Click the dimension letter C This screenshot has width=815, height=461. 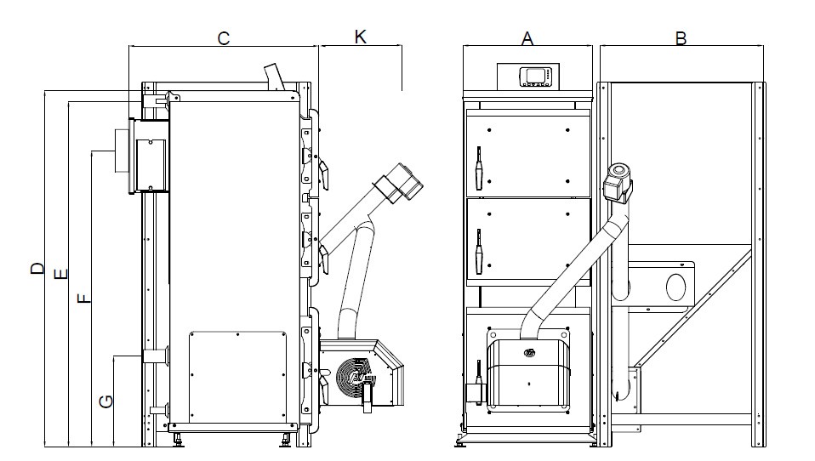223,38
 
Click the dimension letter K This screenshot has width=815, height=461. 360,37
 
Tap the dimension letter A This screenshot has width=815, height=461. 527,38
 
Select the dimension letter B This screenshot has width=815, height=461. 680,38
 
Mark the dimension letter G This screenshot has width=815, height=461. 106,401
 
